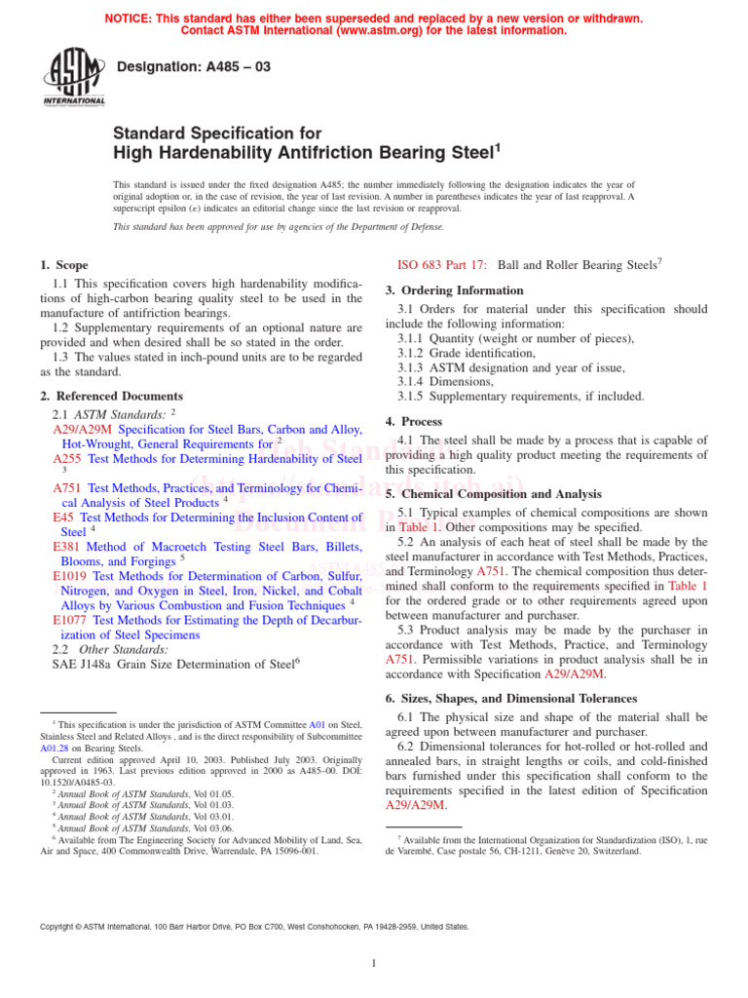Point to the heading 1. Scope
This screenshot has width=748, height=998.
click(63, 265)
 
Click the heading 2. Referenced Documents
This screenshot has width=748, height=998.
click(111, 397)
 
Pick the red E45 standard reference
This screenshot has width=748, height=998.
click(63, 518)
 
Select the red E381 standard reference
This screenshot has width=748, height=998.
click(67, 548)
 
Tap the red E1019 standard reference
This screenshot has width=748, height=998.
click(71, 576)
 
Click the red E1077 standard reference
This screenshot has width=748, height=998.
click(71, 619)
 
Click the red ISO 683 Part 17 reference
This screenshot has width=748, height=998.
click(443, 264)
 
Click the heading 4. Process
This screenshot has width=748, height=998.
click(414, 422)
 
